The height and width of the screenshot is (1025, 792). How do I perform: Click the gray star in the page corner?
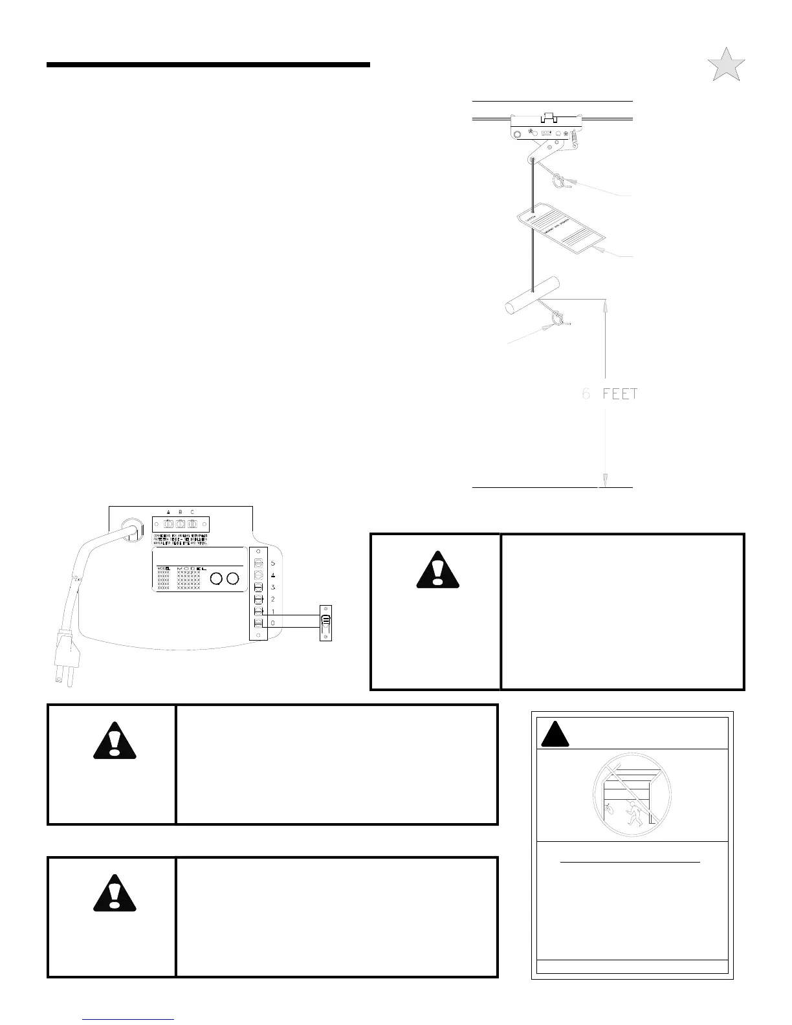tap(726, 65)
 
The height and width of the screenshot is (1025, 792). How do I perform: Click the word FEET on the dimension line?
tap(620, 393)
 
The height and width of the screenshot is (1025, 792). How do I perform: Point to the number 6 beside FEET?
tap(586, 393)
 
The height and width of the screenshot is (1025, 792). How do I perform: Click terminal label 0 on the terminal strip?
tap(273, 623)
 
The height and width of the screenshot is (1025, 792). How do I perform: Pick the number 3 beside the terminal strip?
tap(273, 587)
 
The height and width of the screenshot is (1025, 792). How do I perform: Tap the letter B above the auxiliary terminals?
tap(180, 512)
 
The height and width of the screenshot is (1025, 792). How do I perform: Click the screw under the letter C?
tap(192, 524)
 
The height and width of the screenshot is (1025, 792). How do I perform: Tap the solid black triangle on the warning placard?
tap(553, 733)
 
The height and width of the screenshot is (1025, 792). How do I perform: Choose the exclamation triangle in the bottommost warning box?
tap(115, 892)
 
